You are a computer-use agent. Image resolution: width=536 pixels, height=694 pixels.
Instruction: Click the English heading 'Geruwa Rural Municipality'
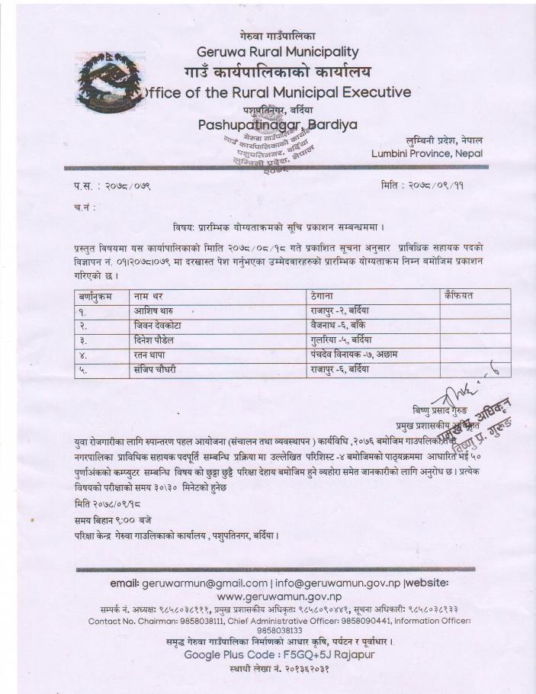coord(278,53)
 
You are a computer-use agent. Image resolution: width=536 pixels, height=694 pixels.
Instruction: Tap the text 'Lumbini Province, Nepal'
coord(427,153)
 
